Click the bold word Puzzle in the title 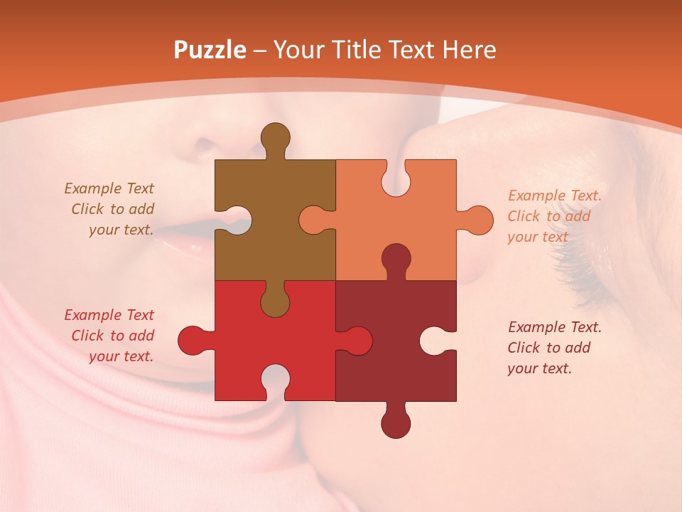(210, 50)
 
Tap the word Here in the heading (469, 50)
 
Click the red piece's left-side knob (193, 340)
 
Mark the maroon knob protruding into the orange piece (396, 260)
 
